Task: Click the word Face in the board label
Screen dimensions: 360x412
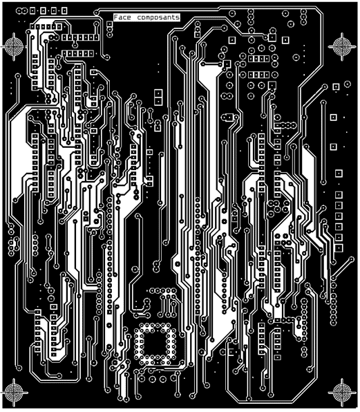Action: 122,17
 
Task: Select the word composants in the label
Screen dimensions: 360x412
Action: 158,17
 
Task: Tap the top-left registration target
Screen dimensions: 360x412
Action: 14,46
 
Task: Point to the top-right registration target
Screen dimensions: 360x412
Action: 341,46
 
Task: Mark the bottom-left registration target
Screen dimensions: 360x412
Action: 14,393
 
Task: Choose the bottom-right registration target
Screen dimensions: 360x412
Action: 341,393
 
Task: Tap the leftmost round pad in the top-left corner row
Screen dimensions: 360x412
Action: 19,11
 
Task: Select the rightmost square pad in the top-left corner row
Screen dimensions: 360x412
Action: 64,11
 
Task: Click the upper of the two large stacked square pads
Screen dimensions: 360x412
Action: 158,93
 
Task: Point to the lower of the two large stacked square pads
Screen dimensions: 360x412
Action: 158,101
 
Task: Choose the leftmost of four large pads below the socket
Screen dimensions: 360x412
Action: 142,379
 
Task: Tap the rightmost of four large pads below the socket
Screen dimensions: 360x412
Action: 173,378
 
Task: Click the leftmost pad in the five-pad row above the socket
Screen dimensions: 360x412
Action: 152,291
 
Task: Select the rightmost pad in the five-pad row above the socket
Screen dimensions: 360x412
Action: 174,291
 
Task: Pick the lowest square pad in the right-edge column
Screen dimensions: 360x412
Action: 339,248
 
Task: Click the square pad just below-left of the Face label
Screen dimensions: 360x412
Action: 109,24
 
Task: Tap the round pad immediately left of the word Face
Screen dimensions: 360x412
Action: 96,12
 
